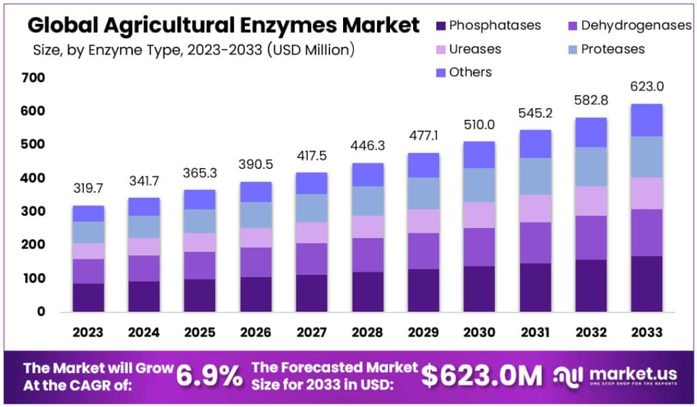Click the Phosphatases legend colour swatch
(440, 26)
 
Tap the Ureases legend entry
(474, 49)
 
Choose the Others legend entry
(470, 72)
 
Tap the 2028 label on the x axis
(368, 332)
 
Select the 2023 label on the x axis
(88, 332)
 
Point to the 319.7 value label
(88, 189)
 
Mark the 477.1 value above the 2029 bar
(423, 136)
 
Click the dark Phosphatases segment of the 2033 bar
(647, 283)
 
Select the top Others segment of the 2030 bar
(479, 154)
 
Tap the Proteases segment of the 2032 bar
(591, 167)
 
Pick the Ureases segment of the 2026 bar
(256, 238)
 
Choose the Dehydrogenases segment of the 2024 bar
(144, 268)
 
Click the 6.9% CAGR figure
(209, 375)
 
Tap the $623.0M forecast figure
(482, 375)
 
